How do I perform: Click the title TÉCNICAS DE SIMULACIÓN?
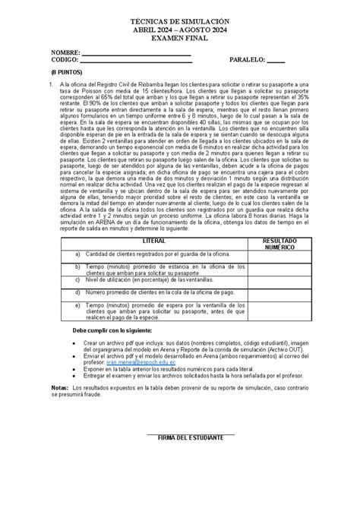(x=181, y=15)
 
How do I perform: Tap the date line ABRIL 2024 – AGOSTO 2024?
(x=181, y=26)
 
